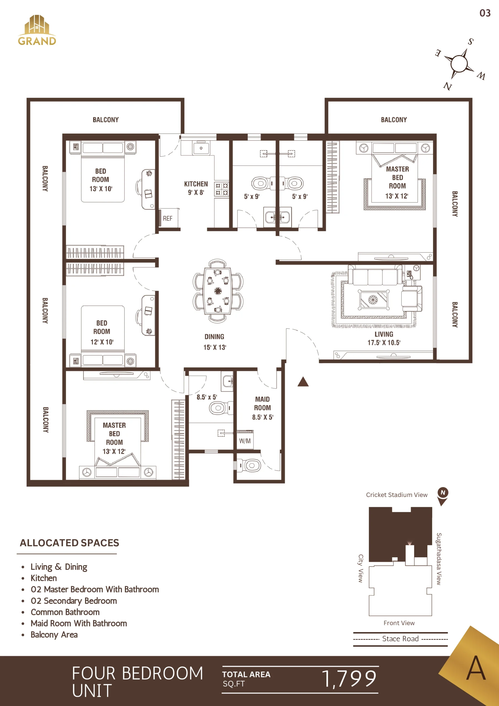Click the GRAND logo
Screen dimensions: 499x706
pyautogui.click(x=37, y=30)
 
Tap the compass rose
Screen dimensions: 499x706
pyautogui.click(x=459, y=64)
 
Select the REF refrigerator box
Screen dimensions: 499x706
pyautogui.click(x=168, y=218)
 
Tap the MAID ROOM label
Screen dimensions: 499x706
pyautogui.click(x=262, y=408)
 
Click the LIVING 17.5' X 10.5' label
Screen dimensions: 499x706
pyautogui.click(x=384, y=338)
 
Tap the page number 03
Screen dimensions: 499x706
pyautogui.click(x=485, y=13)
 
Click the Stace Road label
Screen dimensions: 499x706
pyautogui.click(x=400, y=639)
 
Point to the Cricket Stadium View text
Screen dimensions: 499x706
pyautogui.click(x=397, y=495)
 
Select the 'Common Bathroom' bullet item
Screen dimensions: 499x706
pyautogui.click(x=65, y=612)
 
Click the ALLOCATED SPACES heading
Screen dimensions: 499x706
pyautogui.click(x=69, y=543)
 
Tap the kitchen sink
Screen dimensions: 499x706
pyautogui.click(x=201, y=148)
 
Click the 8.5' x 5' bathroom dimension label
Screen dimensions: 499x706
pyautogui.click(x=207, y=397)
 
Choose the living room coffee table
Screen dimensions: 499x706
pyautogui.click(x=373, y=299)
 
